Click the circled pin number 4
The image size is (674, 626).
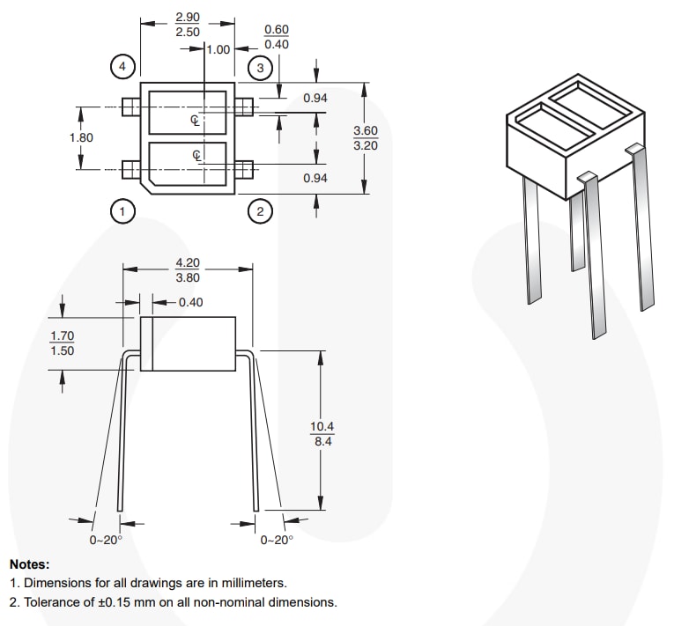(122, 66)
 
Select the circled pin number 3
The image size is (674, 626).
(259, 67)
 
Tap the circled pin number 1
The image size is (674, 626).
(122, 210)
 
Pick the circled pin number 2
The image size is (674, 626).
(259, 210)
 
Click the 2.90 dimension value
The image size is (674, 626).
(188, 18)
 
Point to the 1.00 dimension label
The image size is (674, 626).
(218, 49)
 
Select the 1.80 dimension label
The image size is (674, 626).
(81, 137)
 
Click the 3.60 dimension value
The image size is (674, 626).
(366, 130)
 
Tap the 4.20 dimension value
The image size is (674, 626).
(188, 262)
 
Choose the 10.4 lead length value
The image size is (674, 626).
(322, 427)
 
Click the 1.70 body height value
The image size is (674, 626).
(62, 335)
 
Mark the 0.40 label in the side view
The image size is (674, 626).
(190, 302)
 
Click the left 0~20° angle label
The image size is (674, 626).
(105, 541)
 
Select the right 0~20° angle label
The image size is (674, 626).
(276, 541)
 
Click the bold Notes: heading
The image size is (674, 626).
(30, 564)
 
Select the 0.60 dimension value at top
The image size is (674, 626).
(277, 29)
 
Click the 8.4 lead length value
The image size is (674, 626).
(322, 442)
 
